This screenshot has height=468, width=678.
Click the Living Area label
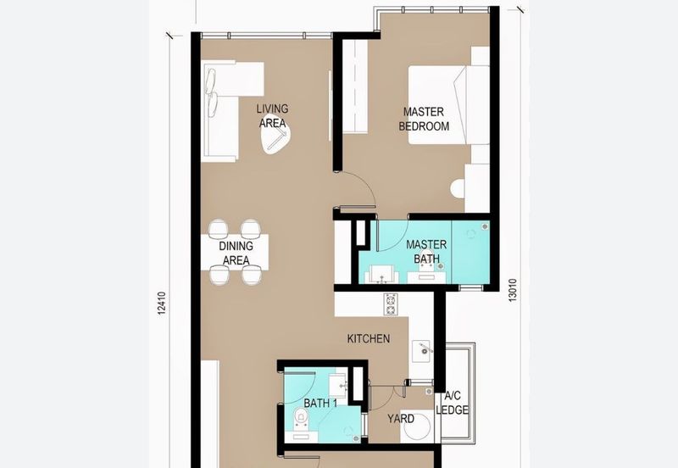[273, 116]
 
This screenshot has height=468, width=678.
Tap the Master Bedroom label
[425, 119]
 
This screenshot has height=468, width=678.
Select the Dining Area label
[236, 253]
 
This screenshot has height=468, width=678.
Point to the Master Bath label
[425, 252]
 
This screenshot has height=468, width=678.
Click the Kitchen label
[369, 339]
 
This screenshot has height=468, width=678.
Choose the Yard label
[401, 419]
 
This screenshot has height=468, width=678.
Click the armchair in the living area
[276, 142]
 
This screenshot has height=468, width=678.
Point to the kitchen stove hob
[391, 301]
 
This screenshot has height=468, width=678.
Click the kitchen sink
[423, 348]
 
